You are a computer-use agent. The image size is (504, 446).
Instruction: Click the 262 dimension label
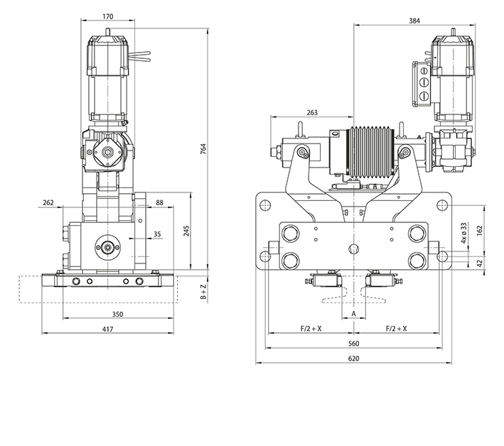48,203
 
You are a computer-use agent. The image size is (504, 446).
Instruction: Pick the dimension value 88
159,203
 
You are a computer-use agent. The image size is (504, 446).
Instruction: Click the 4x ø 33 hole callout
463,232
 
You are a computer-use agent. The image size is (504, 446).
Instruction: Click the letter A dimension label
354,312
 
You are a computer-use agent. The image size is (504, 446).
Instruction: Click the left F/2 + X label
311,329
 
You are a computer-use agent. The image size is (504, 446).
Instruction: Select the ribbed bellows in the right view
370,153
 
